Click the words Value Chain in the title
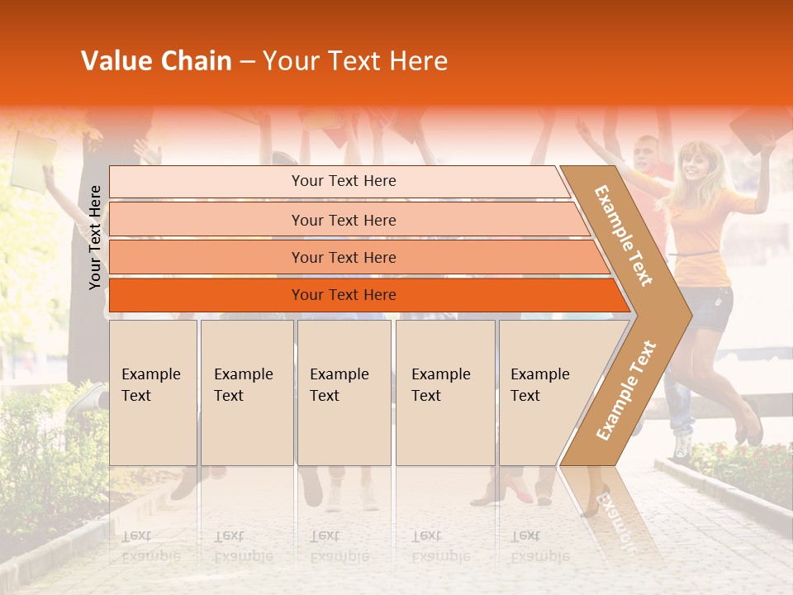[x=156, y=61]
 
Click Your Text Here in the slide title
[x=355, y=61]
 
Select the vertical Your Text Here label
[x=96, y=237]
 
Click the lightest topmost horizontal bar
[x=339, y=181]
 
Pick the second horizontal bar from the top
[x=347, y=220]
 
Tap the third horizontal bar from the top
[x=355, y=257]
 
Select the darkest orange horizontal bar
[x=363, y=295]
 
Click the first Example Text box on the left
[x=153, y=393]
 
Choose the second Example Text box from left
[x=246, y=393]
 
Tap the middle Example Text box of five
[x=344, y=393]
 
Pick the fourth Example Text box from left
[x=444, y=393]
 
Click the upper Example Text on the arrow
[x=624, y=236]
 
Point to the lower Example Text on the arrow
[x=625, y=391]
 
